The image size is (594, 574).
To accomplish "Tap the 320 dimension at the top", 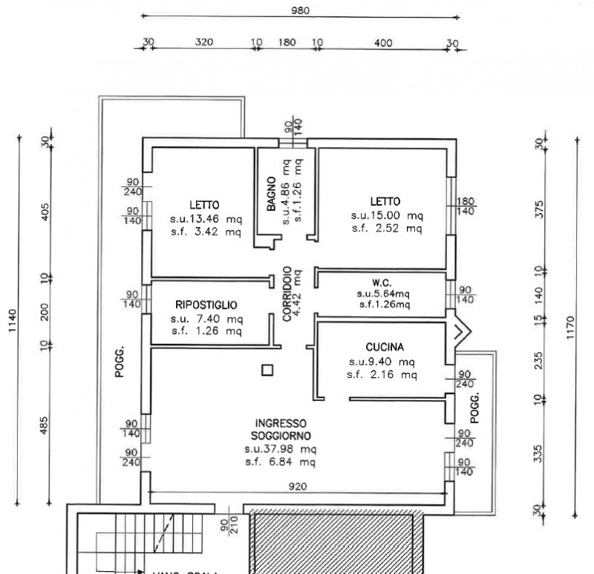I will [x=204, y=42].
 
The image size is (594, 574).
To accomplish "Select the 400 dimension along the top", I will [x=383, y=42].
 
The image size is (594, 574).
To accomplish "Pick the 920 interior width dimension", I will [x=300, y=486].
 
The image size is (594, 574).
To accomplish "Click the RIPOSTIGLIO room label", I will [x=206, y=304].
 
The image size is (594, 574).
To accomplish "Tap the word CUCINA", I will [x=385, y=347].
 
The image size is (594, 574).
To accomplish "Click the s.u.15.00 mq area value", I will [x=387, y=215].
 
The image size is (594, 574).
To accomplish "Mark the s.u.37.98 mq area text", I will [x=281, y=449].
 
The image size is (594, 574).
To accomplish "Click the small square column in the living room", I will [x=268, y=369].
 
